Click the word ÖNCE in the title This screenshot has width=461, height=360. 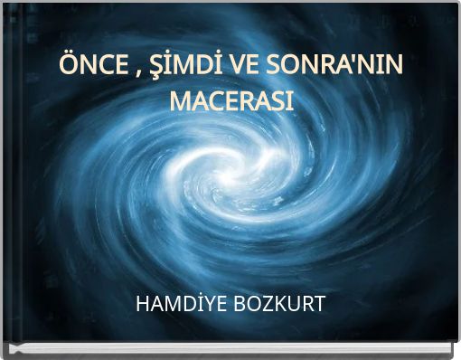click(x=89, y=67)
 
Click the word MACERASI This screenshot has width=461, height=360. click(x=231, y=100)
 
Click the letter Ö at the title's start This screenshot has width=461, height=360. click(x=68, y=67)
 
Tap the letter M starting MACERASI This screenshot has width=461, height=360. click(x=181, y=100)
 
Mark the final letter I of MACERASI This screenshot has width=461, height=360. click(x=290, y=100)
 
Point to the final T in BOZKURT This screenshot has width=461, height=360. click(x=319, y=303)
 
